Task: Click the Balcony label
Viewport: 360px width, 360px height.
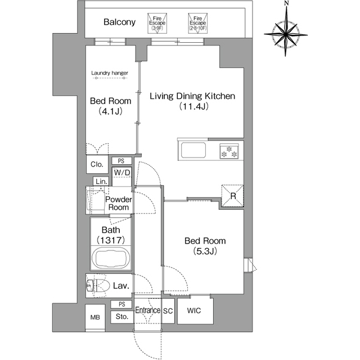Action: point(119,22)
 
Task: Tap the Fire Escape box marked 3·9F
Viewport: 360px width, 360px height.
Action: point(157,23)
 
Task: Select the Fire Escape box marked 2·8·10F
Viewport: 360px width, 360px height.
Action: point(197,23)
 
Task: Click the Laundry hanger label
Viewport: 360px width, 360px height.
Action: point(110,73)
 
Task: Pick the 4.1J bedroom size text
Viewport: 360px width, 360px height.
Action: point(110,111)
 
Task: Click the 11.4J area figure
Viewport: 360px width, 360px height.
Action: point(193,106)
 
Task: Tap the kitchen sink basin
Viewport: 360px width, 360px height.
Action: point(193,150)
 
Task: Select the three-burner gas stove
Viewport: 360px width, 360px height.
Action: point(229,151)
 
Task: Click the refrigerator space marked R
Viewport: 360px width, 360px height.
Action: point(232,196)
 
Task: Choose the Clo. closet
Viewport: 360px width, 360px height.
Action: point(97,164)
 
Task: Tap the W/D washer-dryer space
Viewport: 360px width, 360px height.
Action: point(121,176)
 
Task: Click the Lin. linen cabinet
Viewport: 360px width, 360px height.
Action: point(101,181)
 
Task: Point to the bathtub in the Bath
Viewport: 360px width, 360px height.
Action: point(111,258)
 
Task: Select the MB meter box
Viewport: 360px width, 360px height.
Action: point(95,317)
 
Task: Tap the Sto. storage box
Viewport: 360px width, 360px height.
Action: point(122,317)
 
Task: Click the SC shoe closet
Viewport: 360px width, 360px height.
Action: point(168,311)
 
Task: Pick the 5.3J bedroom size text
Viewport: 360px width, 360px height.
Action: point(205,251)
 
